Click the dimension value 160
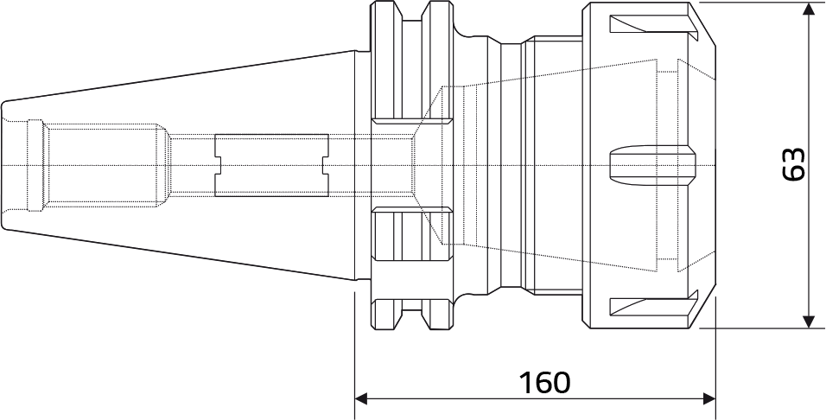pos(544,383)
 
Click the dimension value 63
pos(794,164)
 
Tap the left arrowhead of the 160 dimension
pos(361,398)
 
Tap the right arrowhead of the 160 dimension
pos(709,398)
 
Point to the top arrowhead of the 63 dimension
pos(809,9)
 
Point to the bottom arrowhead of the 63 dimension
pos(809,321)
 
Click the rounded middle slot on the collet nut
pos(652,165)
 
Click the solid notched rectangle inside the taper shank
pos(271,165)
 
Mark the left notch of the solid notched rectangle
pos(218,165)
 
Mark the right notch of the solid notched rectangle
pos(326,165)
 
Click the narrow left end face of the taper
pos(3,165)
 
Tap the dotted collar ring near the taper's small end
pos(35,165)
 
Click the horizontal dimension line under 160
pos(535,398)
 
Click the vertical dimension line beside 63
pos(809,165)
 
